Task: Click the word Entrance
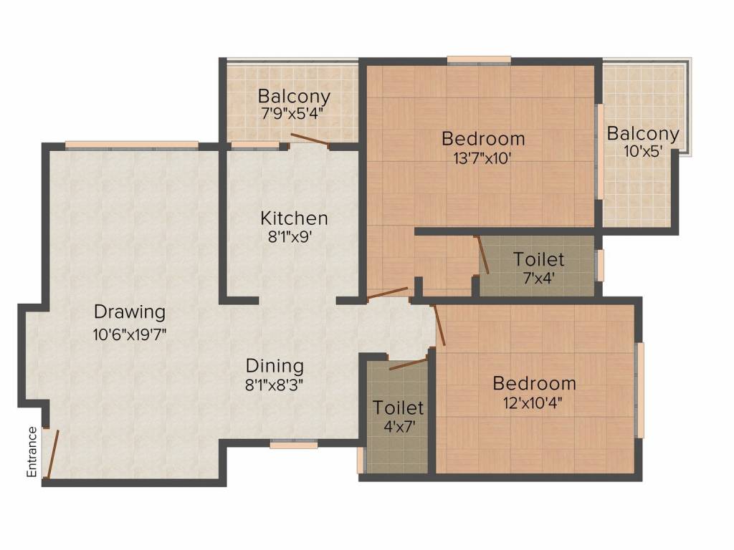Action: [32, 452]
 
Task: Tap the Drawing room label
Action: [130, 312]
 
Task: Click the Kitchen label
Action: [294, 218]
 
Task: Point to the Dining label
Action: [275, 366]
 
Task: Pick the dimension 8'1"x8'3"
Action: [275, 385]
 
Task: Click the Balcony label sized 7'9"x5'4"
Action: [294, 96]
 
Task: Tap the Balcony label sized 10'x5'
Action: [643, 134]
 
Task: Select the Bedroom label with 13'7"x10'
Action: [483, 138]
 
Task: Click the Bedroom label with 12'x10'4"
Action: [534, 384]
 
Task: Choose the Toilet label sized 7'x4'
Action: [538, 259]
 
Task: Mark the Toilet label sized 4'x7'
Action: [398, 408]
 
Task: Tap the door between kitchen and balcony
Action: [310, 140]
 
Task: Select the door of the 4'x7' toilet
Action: [408, 362]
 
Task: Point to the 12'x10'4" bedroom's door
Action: [439, 325]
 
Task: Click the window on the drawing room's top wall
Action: [131, 145]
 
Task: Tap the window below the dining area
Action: [293, 445]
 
